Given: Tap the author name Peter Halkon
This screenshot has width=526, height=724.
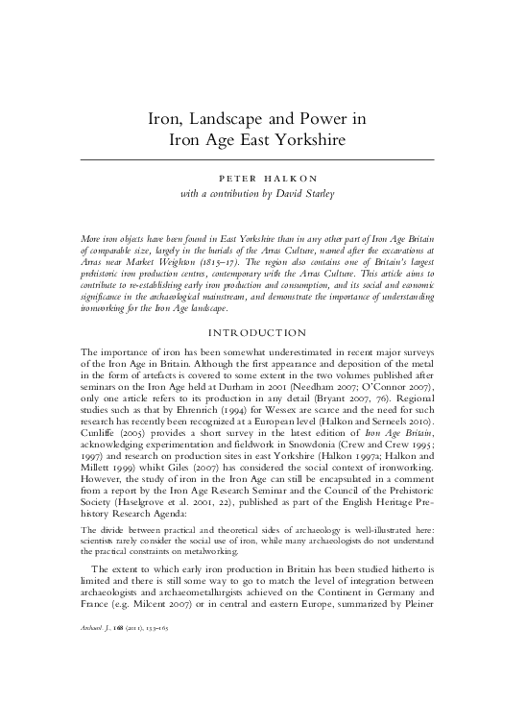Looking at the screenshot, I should pos(263,178).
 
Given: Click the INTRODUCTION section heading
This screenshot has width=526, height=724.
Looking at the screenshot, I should pos(262,333).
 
